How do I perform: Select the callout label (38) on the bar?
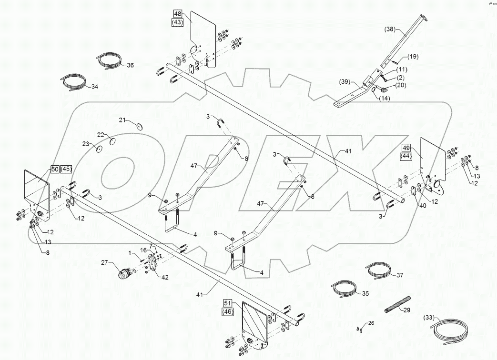[x=390, y=29]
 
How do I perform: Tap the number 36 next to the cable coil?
[x=131, y=65]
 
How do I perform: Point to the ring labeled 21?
[x=140, y=126]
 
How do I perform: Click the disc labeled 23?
[x=100, y=149]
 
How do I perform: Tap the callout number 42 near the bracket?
[x=164, y=277]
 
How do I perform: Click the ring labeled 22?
[x=113, y=141]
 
